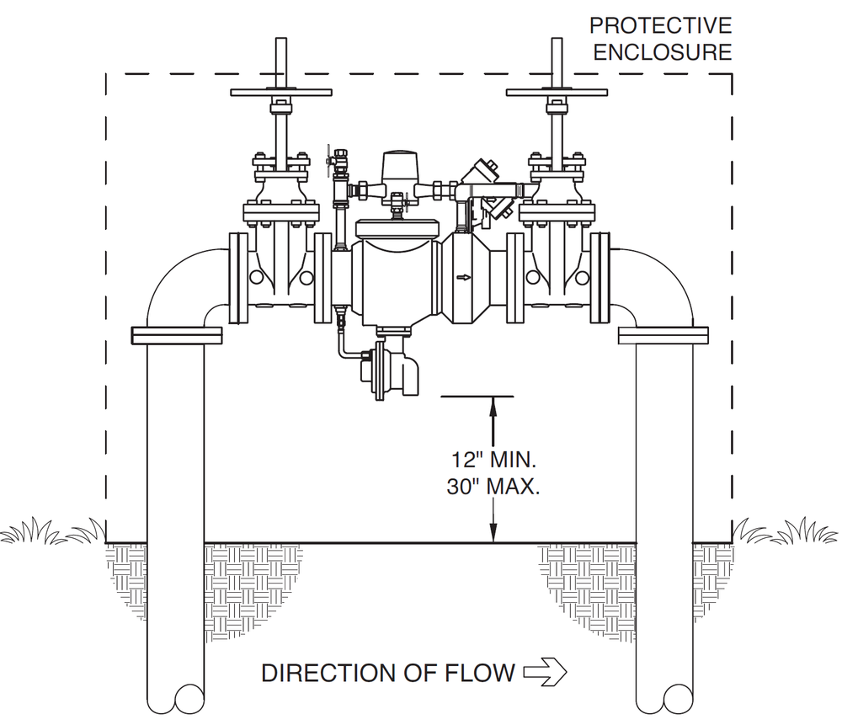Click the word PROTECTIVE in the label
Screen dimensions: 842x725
pyautogui.click(x=660, y=25)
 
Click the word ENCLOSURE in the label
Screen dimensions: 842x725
pyautogui.click(x=663, y=52)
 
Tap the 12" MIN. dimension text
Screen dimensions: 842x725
pyautogui.click(x=493, y=460)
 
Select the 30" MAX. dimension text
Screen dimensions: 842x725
pyautogui.click(x=493, y=487)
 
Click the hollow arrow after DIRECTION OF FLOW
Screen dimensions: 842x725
pyautogui.click(x=545, y=672)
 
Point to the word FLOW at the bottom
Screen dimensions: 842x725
pyautogui.click(x=480, y=673)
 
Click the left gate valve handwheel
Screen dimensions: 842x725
pyautogui.click(x=281, y=93)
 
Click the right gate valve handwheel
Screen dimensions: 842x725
pyautogui.click(x=557, y=93)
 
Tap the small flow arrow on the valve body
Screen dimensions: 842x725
pyautogui.click(x=463, y=278)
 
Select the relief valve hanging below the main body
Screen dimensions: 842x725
pyautogui.click(x=391, y=365)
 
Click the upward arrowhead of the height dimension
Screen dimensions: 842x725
pyautogui.click(x=493, y=407)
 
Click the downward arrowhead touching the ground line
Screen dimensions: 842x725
pyautogui.click(x=493, y=532)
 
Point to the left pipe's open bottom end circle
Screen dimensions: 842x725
pyautogui.click(x=189, y=699)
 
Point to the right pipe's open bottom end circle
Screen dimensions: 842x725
pyautogui.click(x=678, y=699)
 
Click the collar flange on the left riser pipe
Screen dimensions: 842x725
pyautogui.click(x=177, y=335)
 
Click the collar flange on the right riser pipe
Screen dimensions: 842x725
pyautogui.click(x=663, y=335)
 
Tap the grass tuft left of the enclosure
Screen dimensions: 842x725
pyautogui.click(x=52, y=531)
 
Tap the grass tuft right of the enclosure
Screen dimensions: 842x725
pyautogui.click(x=786, y=531)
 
